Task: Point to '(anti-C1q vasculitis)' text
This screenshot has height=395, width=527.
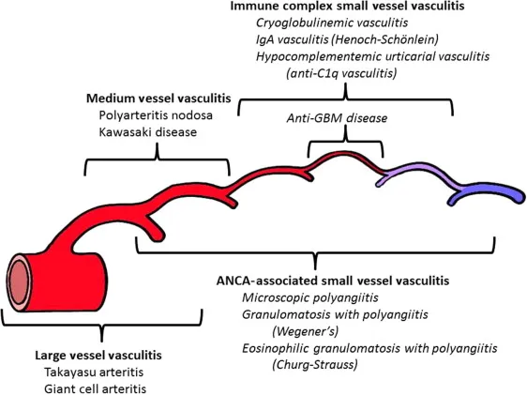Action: [x=345, y=73]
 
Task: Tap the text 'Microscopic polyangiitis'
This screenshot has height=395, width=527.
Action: [x=309, y=297]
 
